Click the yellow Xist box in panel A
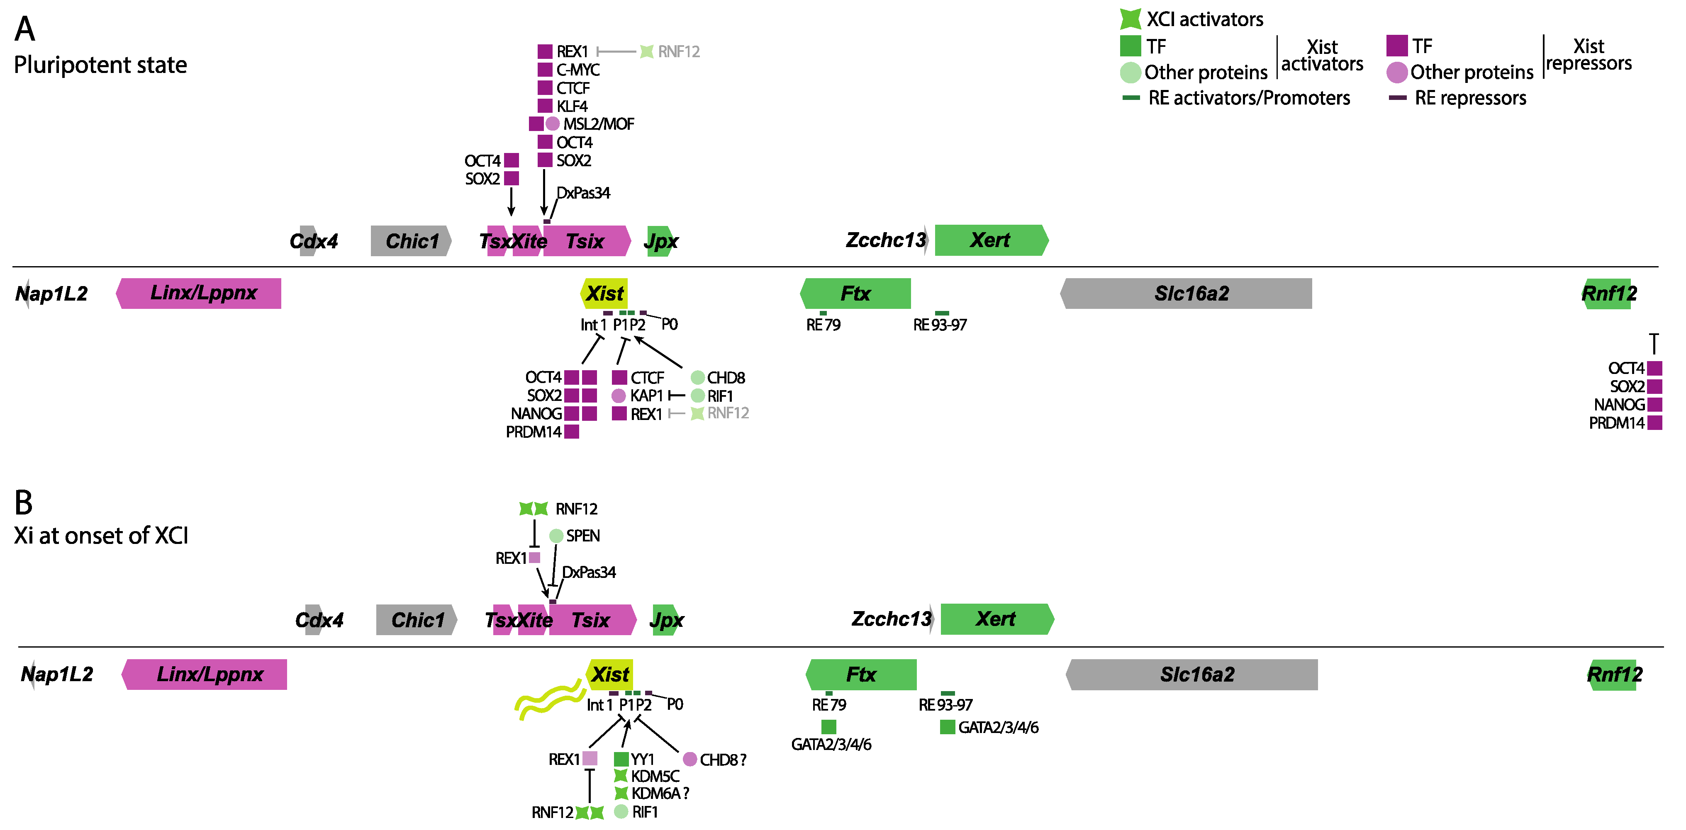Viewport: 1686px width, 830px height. (605, 293)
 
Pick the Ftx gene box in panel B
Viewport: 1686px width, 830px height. (861, 675)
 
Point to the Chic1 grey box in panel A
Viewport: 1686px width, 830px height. (411, 241)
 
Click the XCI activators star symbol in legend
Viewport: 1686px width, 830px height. (1130, 19)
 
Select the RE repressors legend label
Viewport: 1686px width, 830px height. (1470, 98)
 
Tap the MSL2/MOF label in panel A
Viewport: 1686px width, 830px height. (598, 124)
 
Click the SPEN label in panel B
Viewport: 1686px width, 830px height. (582, 536)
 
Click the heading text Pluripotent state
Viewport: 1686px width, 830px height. (100, 65)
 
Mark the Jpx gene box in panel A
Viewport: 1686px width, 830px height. (660, 241)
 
